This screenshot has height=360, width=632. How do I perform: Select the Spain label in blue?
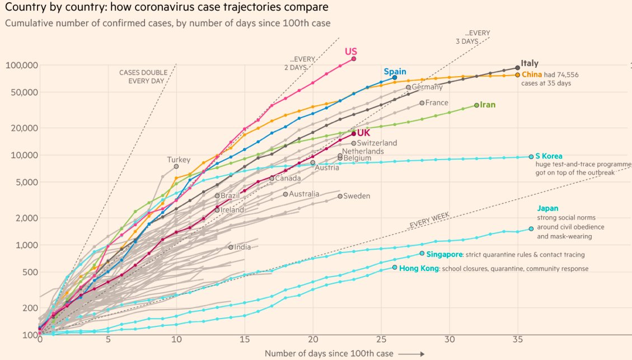point(395,72)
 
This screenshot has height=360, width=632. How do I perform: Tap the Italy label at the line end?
point(530,63)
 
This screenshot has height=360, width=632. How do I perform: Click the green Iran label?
point(488,105)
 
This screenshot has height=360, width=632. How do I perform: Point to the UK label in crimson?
point(363,133)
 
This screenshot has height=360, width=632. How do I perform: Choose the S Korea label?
point(549,156)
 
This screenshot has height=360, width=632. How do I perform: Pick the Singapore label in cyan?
point(444,254)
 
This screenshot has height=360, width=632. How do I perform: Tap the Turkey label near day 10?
point(179,160)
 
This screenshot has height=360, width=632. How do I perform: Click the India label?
point(242,247)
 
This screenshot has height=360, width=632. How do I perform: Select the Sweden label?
point(357,196)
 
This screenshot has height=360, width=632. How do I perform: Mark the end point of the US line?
point(353,58)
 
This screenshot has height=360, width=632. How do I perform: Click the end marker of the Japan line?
point(531,228)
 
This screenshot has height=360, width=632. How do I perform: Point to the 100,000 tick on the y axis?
point(22,66)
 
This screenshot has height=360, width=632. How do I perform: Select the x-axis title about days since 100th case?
point(329,353)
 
